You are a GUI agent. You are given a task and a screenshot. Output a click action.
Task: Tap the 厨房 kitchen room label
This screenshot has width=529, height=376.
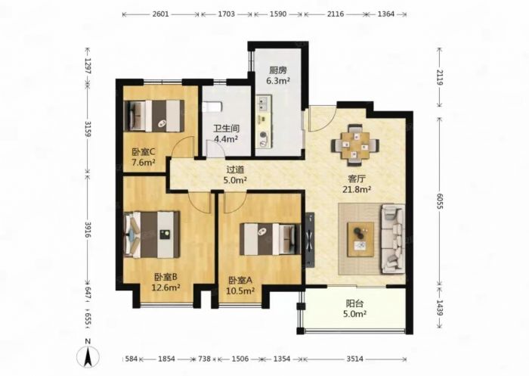point(278,70)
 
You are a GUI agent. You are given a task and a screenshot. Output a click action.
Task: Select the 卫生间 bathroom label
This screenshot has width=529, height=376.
point(227,129)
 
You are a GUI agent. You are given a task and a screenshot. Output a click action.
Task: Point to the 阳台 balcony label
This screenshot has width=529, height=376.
point(354,303)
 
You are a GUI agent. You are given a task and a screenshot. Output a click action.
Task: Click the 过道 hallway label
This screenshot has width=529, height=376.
point(235,169)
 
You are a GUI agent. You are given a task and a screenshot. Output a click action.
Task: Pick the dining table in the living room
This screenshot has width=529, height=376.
point(355,145)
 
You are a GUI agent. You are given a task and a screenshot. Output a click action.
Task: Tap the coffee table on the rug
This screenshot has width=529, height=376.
point(360,239)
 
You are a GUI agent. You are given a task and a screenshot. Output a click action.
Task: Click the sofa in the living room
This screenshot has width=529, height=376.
point(392,238)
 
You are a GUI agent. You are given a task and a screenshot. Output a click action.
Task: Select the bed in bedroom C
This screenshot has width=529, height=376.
point(154,116)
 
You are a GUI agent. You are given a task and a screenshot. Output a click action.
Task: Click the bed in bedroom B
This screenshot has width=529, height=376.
point(152,235)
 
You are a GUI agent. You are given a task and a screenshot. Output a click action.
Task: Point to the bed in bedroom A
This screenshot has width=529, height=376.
point(270,239)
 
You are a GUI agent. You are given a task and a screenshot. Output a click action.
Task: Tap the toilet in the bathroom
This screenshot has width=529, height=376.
point(212,107)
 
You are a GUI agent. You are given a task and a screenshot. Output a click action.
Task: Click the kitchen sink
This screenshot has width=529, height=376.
point(264,102)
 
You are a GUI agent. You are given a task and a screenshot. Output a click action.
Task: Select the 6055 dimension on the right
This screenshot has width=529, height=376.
point(439,201)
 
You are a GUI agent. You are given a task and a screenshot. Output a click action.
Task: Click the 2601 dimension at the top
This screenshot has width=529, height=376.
point(160,14)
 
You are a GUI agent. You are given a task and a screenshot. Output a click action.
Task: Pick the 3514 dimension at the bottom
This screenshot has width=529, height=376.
point(355,359)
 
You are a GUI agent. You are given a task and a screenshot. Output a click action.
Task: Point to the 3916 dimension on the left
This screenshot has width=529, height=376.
point(88,230)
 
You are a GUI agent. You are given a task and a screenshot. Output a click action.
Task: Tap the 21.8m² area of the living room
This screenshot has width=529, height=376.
point(357,190)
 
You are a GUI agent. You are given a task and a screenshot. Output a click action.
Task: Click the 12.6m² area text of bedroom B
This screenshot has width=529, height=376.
point(166,287)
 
